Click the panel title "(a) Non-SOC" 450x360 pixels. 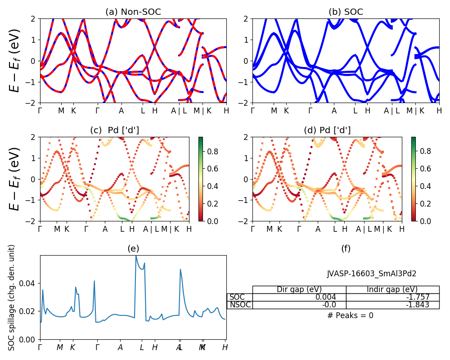[133, 12]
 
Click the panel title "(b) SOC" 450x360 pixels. [346, 12]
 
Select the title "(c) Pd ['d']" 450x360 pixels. [114, 130]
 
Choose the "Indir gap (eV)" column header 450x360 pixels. [392, 289]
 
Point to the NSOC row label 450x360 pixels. [239, 305]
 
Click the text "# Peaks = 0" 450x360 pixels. [350, 315]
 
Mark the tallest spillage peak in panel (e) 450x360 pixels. [136, 256]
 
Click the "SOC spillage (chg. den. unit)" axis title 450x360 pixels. [12, 297]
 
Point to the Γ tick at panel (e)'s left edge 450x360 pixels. [40, 347]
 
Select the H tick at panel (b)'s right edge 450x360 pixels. [439, 110]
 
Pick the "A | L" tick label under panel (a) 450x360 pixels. [179, 110]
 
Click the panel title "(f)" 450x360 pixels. [346, 248]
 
